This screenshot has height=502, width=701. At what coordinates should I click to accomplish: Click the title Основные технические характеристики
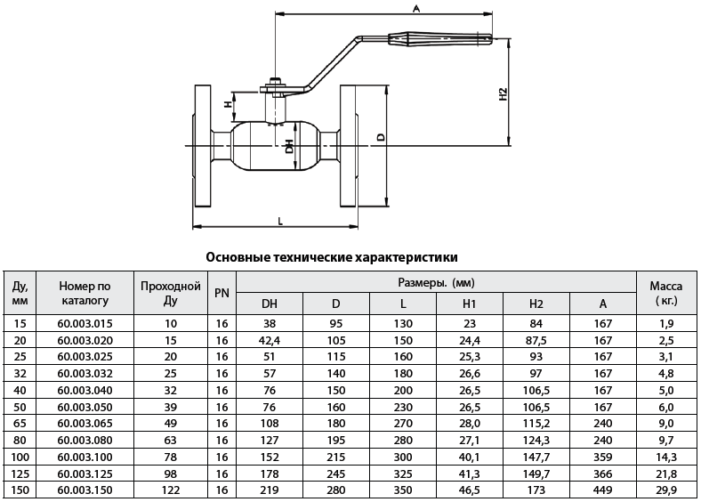tap(332, 257)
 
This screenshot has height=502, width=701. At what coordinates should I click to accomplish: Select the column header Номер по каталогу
tap(85, 294)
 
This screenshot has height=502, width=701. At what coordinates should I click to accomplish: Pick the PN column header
tap(222, 294)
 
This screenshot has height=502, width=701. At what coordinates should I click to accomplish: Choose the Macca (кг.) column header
tap(665, 294)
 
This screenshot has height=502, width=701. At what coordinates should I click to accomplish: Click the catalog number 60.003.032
tap(85, 373)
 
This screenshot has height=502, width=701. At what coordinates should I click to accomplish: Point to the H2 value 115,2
tap(536, 423)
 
